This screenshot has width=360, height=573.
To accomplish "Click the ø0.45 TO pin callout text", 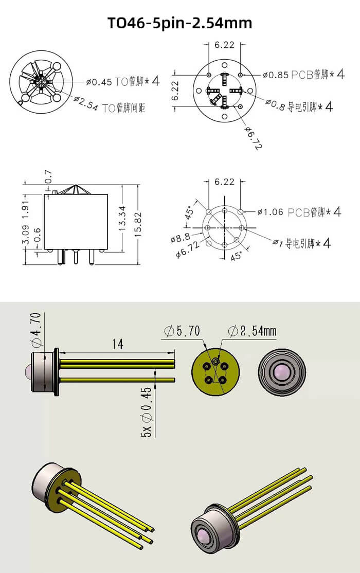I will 123,81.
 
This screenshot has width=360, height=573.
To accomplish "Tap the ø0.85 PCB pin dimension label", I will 303,75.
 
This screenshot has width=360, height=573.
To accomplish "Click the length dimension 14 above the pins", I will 117,344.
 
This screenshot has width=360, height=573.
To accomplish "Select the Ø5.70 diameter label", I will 182,331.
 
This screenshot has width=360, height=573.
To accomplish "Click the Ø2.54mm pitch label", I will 251,331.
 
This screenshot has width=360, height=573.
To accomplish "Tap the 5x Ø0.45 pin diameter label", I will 147,415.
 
